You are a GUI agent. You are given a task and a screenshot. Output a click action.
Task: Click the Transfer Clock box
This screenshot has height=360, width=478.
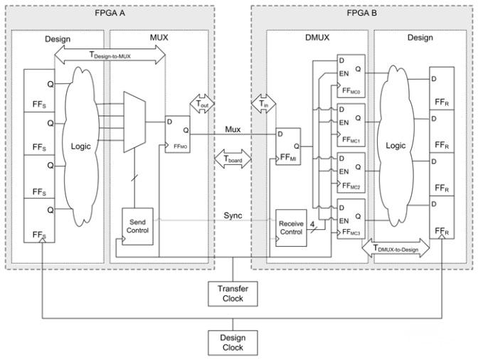233,294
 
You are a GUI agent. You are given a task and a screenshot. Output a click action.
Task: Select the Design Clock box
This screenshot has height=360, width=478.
233,342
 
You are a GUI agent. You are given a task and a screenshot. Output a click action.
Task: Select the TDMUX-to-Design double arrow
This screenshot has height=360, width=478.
395,248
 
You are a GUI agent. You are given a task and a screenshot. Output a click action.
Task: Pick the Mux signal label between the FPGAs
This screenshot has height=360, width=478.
233,129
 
